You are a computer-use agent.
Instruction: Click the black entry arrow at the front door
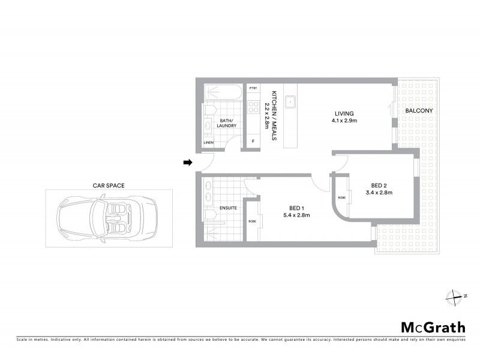point(187,162)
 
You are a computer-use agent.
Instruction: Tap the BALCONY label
point(419,111)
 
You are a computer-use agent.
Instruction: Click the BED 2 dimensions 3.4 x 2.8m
point(378,193)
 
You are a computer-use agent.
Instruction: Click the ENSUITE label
point(229,208)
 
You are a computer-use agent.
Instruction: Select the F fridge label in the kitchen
point(253,141)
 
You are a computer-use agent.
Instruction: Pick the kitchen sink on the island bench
point(290,101)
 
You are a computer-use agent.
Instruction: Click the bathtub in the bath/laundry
point(223,93)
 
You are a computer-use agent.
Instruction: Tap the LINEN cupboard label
point(208,142)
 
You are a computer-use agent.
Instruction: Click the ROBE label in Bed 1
point(252,221)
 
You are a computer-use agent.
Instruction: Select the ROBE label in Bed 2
point(341,197)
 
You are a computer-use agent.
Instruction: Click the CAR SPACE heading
point(109,186)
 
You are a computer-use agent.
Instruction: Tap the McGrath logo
point(433,327)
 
